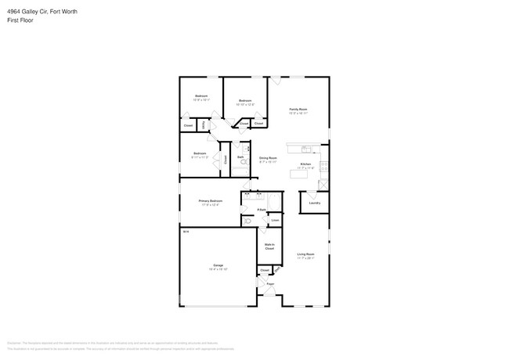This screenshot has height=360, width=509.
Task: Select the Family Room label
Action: (298, 110)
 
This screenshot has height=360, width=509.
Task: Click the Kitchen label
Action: (305, 164)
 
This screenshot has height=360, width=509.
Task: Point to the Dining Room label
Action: (269, 158)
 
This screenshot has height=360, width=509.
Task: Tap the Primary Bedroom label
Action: (211, 201)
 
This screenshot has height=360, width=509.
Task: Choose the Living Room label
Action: (305, 254)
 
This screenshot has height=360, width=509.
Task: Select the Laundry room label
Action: (314, 203)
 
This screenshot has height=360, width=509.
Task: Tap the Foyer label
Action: (270, 283)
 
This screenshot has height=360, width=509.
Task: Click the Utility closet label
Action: (204, 125)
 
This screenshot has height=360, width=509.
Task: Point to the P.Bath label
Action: (262, 210)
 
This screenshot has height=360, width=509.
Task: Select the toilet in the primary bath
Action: (247, 221)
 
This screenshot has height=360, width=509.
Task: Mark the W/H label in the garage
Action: (186, 232)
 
